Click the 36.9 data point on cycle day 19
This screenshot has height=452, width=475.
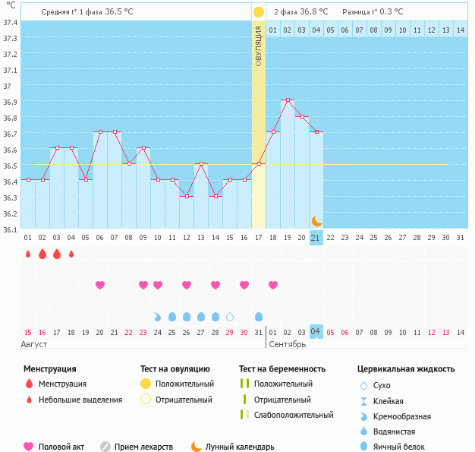tap(288, 100)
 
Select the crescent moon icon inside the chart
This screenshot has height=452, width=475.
tap(316, 221)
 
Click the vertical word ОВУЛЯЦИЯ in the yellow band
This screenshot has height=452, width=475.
tap(258, 46)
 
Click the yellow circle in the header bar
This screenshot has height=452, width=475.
tap(259, 12)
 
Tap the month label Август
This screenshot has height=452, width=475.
tap(35, 344)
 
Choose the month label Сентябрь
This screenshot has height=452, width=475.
tap(288, 344)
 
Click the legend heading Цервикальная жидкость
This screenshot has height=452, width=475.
tap(406, 369)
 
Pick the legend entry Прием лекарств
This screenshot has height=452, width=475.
tap(143, 447)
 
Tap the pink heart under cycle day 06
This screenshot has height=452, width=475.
tap(100, 285)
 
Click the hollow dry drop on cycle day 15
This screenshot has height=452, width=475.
tap(230, 316)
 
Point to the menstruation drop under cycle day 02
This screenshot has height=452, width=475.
tap(42, 254)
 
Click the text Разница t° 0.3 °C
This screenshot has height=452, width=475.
tap(373, 12)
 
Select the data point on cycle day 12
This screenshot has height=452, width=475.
tap(187, 196)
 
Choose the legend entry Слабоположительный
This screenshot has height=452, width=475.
tap(293, 415)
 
